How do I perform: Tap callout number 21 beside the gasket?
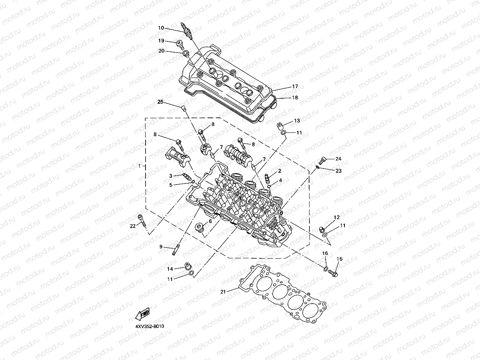click(x=223, y=291)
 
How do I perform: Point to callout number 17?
click(x=295, y=87)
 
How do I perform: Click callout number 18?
click(x=295, y=97)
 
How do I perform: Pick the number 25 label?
click(x=161, y=102)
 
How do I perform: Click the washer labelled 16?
click(x=325, y=268)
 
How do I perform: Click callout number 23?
click(x=338, y=171)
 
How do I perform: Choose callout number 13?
click(x=297, y=121)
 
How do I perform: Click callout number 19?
click(x=162, y=41)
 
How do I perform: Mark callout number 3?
click(x=171, y=175)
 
